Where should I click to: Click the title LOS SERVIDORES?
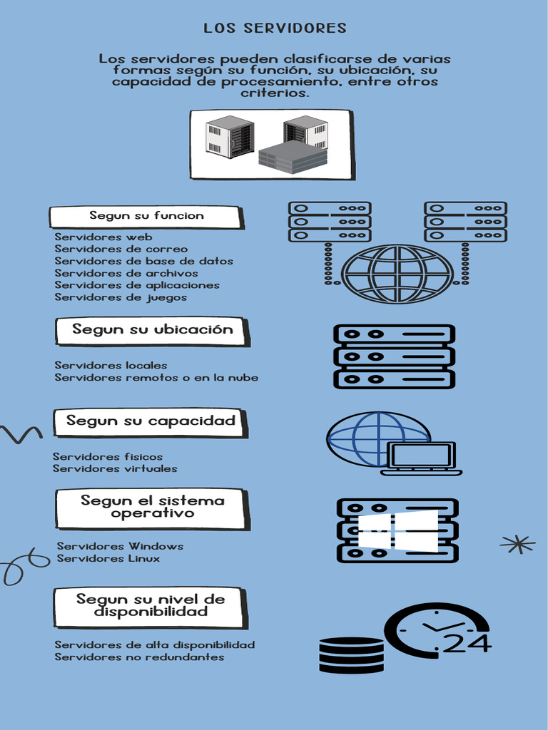(x=275, y=29)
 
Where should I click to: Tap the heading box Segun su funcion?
(x=146, y=216)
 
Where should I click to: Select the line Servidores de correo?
(x=121, y=250)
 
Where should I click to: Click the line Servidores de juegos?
(x=121, y=297)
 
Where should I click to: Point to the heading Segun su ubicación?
(x=152, y=330)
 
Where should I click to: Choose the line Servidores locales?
(x=111, y=366)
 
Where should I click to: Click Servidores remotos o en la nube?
(x=156, y=378)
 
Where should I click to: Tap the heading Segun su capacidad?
(x=150, y=421)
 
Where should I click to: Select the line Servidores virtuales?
(x=115, y=469)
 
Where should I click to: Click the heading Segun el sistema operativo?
(x=152, y=508)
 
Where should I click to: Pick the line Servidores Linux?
(x=108, y=559)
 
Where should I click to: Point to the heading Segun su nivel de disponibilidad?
(x=150, y=606)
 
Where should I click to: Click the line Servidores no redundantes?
(x=139, y=657)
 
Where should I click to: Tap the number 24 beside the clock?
(x=467, y=644)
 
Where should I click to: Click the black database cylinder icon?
(x=351, y=655)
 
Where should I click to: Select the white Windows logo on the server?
(x=397, y=530)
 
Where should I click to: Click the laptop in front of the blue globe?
(x=422, y=458)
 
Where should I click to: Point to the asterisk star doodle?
(x=517, y=545)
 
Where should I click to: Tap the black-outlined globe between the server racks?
(x=397, y=274)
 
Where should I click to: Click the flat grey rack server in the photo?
(x=293, y=156)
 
